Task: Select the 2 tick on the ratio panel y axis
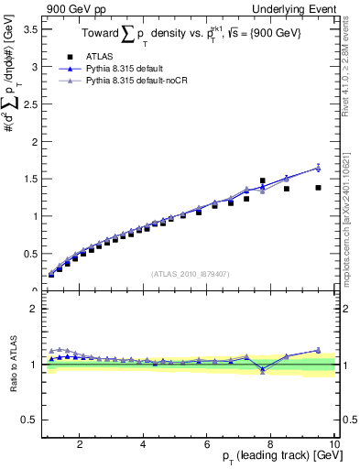tap(33, 309)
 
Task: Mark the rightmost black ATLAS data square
tap(318, 188)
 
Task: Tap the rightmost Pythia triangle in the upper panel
tap(318, 167)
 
